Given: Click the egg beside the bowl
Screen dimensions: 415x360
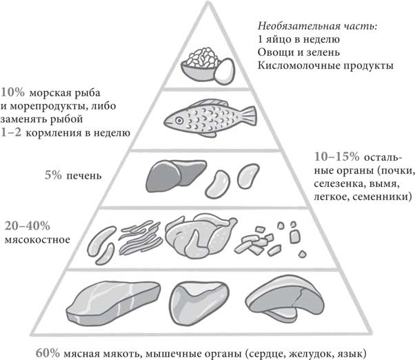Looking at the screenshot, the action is (225, 71).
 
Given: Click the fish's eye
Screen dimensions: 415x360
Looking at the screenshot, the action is (179, 121).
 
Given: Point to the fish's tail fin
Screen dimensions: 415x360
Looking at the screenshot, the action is (249, 117).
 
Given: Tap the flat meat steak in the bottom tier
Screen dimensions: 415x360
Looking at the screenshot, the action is (114, 303).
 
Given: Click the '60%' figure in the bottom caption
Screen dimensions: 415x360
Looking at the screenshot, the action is (48, 353).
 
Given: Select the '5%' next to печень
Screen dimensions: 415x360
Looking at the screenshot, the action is (53, 175).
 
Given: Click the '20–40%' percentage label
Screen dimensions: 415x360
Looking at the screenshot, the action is (28, 226).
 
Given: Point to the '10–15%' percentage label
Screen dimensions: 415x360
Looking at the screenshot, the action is (336, 157).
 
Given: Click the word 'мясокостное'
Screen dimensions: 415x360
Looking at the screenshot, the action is (38, 240).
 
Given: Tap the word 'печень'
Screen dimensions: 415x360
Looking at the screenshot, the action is (84, 176).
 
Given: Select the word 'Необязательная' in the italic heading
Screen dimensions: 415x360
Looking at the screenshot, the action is (299, 26).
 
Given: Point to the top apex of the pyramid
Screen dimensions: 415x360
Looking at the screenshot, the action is (208, 2).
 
